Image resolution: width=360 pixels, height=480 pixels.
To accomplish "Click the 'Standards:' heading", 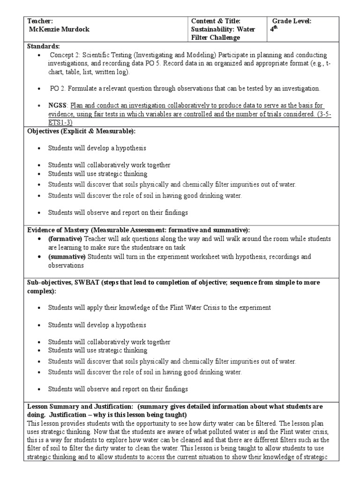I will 44,47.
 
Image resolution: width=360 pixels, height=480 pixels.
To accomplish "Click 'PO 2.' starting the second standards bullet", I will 57,89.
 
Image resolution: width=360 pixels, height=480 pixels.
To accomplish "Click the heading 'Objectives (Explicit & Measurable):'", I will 77,131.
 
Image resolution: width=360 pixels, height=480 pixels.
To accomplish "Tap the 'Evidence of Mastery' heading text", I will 59,230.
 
